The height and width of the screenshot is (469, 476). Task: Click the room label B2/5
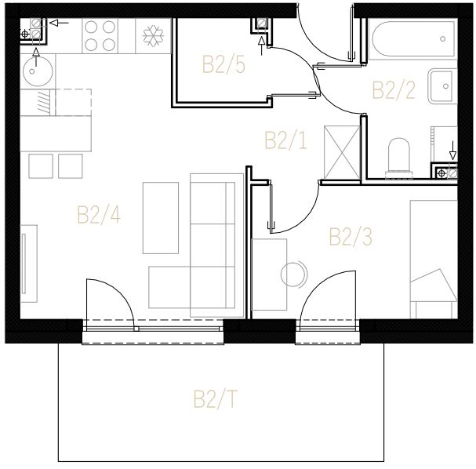223,64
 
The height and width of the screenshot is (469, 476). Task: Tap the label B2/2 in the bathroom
394,90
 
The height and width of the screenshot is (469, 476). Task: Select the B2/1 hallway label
285,140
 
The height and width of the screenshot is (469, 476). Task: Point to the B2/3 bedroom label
351,237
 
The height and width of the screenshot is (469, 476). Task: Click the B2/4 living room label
99,215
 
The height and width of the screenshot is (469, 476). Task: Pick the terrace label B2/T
215,399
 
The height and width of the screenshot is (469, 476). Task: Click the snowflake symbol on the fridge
153,36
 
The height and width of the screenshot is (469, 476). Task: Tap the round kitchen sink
38,71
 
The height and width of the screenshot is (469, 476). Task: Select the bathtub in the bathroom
413,38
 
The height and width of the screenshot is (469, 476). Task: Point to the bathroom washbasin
442,86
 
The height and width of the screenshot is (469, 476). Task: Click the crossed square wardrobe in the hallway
342,152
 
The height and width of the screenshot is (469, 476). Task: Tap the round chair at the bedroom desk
293,274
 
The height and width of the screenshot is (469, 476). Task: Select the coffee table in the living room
161,218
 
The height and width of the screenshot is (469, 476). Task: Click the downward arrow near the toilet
452,151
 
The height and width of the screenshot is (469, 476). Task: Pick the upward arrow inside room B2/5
261,46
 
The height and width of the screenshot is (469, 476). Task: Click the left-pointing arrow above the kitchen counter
59,23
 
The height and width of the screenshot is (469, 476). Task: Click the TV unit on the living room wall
29,264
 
